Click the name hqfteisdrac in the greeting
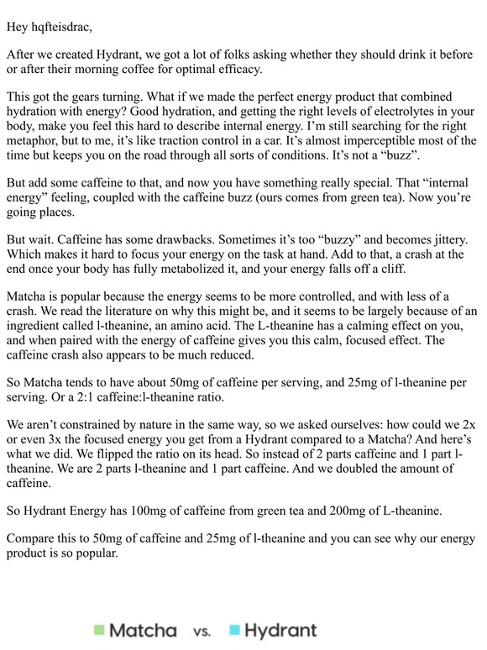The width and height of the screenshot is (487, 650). click(61, 27)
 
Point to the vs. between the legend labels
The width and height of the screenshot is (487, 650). click(202, 631)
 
